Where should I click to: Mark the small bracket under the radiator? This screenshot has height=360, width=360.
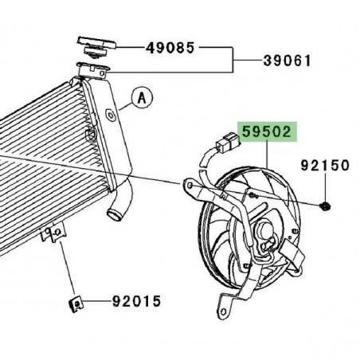53,233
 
